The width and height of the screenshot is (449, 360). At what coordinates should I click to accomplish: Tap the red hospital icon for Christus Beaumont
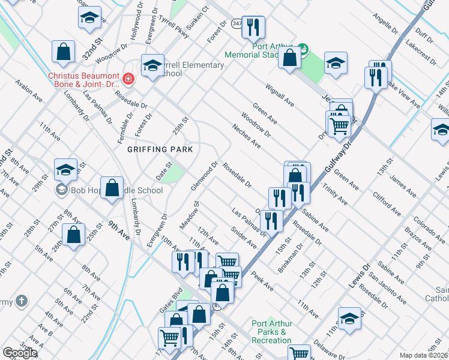click(x=127, y=79)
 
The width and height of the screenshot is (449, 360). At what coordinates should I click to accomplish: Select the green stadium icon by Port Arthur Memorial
click(x=303, y=48)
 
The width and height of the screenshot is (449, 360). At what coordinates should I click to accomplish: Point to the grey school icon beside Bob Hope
click(x=61, y=191)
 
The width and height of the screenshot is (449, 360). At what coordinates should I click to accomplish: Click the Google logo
click(x=20, y=353)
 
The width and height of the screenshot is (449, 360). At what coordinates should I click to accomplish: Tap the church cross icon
click(x=21, y=301)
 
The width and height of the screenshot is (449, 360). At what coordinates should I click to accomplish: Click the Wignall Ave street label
click(x=281, y=94)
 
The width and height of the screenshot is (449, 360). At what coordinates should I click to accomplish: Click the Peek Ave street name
click(x=262, y=281)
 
